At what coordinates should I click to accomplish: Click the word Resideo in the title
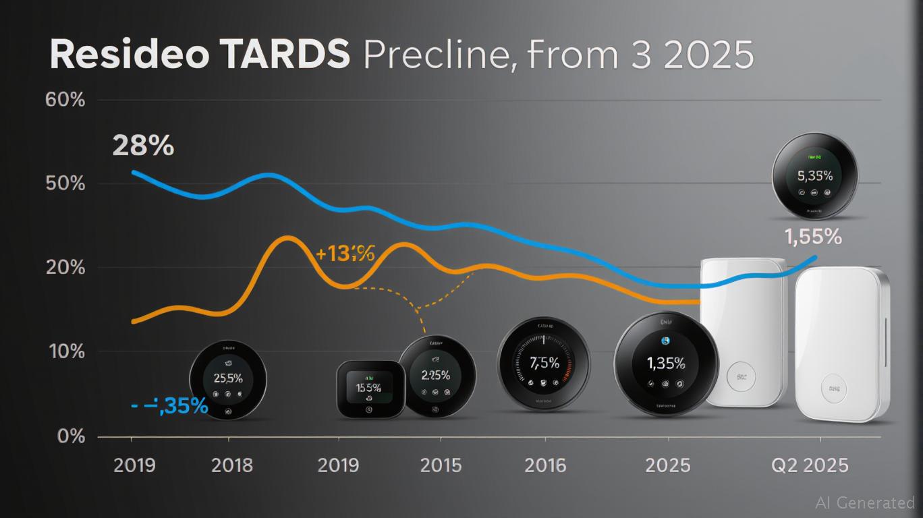tap(129, 55)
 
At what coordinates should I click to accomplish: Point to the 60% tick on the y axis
tap(65, 100)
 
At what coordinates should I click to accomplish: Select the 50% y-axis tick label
tap(65, 183)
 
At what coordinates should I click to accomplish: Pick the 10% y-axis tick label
tap(65, 351)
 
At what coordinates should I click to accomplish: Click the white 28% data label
tap(143, 146)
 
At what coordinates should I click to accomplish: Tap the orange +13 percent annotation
tap(345, 254)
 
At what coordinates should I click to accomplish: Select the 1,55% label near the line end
tap(813, 237)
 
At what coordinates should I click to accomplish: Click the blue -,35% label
tap(169, 405)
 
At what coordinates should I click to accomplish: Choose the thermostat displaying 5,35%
tap(815, 175)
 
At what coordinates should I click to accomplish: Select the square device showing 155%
tap(370, 388)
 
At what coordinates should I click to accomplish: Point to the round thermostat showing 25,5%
tap(228, 380)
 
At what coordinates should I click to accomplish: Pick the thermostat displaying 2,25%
tap(437, 376)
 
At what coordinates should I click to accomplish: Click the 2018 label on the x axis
tap(231, 465)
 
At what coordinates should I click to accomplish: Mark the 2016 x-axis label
tap(544, 465)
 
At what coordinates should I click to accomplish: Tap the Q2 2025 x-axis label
tap(810, 465)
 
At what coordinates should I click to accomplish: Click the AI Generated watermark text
tap(864, 502)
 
